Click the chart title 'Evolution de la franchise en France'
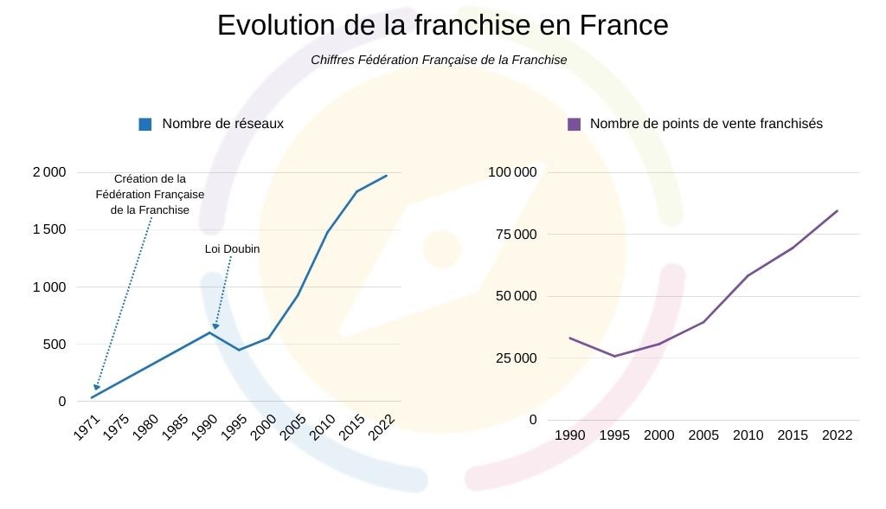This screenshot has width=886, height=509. click(442, 25)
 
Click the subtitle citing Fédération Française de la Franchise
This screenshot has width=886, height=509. click(439, 60)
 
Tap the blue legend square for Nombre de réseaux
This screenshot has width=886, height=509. click(145, 124)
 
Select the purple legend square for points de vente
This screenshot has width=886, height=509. click(574, 124)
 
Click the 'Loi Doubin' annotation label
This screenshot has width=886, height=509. click(232, 249)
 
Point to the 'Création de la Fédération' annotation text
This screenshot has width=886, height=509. click(150, 194)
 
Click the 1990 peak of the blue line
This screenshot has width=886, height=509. click(209, 332)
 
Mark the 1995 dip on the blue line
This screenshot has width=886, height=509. click(239, 350)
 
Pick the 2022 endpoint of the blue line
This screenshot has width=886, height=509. click(386, 176)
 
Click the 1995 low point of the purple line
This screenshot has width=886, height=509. click(614, 356)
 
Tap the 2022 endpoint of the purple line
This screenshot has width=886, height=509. click(837, 210)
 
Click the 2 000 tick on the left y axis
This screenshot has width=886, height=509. click(49, 172)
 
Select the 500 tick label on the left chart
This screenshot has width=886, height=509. click(55, 345)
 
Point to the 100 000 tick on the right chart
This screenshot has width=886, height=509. click(512, 172)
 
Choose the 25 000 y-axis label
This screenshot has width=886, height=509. click(516, 358)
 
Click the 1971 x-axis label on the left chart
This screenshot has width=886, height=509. click(86, 428)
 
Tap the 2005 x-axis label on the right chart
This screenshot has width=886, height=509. click(703, 435)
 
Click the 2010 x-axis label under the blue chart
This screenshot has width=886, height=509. click(323, 428)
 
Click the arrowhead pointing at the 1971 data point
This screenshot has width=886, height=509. click(96, 388)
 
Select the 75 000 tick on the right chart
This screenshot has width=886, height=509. click(516, 235)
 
